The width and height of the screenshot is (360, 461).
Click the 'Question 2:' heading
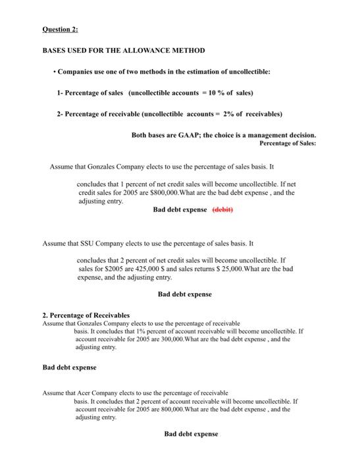coord(60,30)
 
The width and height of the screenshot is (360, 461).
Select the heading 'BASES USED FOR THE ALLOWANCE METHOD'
coord(124,51)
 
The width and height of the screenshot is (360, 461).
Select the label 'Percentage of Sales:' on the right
coord(288,142)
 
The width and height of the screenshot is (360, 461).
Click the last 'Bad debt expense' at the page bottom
coord(191,434)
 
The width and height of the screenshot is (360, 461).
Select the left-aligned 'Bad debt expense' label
coord(69,367)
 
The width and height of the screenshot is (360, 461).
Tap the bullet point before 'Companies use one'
coord(53,71)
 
